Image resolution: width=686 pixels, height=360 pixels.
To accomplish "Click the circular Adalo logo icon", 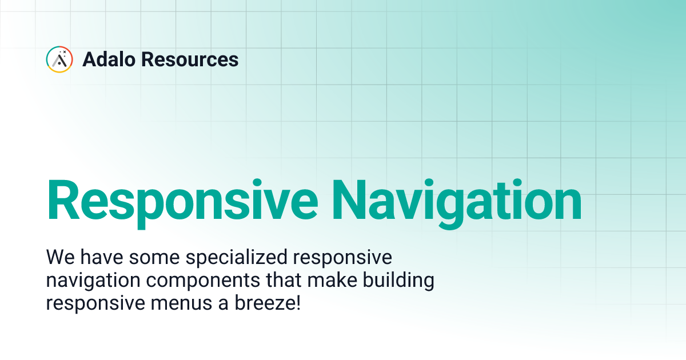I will coord(59,59).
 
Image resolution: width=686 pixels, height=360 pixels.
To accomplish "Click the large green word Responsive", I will coord(182,201).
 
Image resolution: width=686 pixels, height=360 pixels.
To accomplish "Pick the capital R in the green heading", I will coord(63,201).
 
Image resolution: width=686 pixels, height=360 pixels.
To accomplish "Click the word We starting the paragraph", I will coord(58,258).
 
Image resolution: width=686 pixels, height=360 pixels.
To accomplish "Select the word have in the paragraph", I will coord(98,258).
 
